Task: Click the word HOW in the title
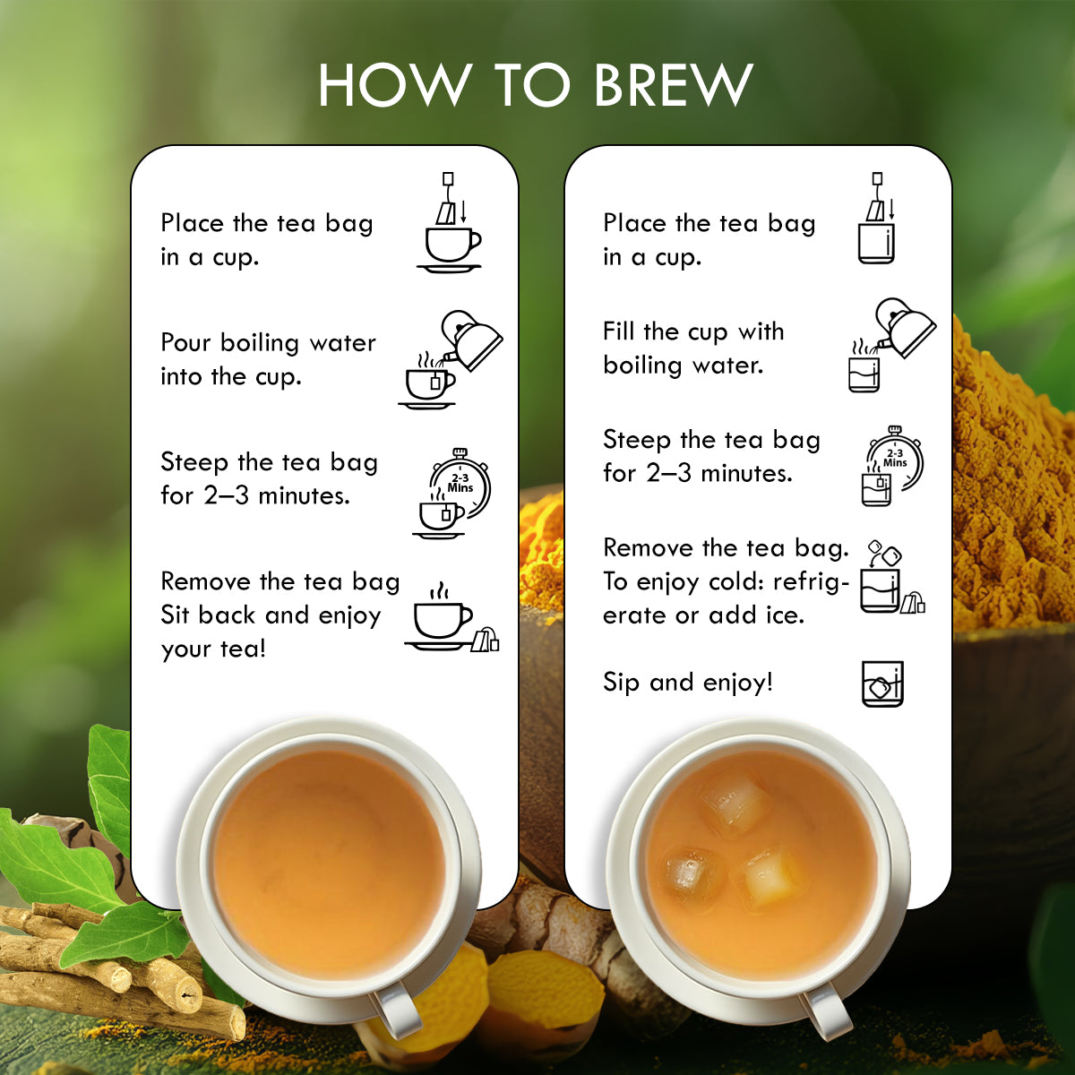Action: (x=394, y=85)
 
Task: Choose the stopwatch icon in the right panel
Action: (x=892, y=467)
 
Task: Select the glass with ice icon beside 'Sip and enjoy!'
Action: (x=882, y=684)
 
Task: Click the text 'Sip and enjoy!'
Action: (x=687, y=683)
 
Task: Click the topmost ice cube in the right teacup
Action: (x=735, y=802)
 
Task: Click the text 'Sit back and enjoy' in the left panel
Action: (x=271, y=615)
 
